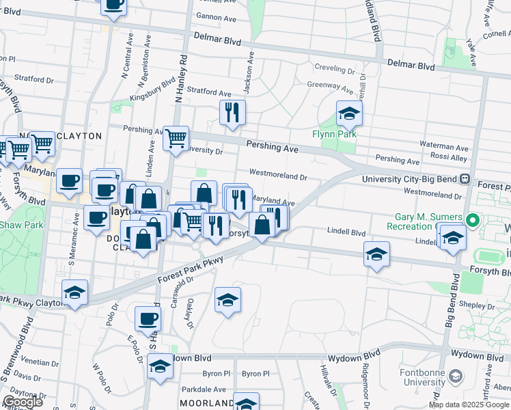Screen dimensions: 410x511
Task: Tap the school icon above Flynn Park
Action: pyautogui.click(x=349, y=113)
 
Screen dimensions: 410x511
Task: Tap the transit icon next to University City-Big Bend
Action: pyautogui.click(x=465, y=179)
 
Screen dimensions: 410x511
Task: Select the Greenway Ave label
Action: pyautogui.click(x=330, y=87)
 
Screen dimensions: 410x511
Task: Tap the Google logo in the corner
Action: pyautogui.click(x=22, y=402)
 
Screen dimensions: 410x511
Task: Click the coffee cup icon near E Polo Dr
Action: pyautogui.click(x=148, y=318)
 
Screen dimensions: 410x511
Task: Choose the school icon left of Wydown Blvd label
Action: pyautogui.click(x=160, y=367)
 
